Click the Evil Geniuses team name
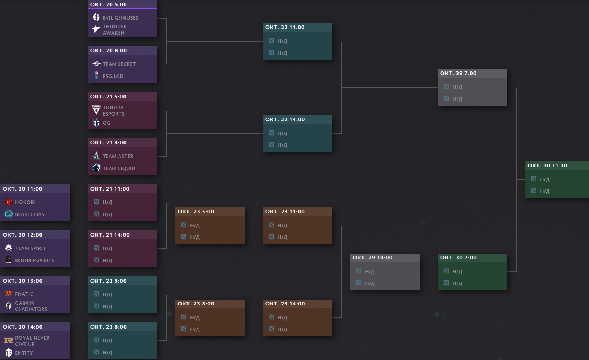[x=120, y=18]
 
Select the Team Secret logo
[x=96, y=64]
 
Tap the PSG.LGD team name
[x=113, y=76]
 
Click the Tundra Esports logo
[x=96, y=110]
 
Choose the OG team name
[x=106, y=123]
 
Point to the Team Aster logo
[x=96, y=156]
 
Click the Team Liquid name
[x=119, y=168]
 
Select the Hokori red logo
[x=8, y=202]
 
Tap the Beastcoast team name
[x=31, y=214]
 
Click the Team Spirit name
[x=30, y=248]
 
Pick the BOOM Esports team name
[x=35, y=261]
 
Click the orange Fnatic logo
[x=8, y=294]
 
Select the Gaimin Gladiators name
[x=31, y=306]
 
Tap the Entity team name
[x=24, y=353]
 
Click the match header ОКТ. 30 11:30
[x=547, y=165]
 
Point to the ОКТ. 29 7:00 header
[x=458, y=73]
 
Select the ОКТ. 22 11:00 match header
[x=285, y=27]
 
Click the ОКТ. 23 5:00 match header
[x=196, y=212]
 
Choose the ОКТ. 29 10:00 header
[x=372, y=258]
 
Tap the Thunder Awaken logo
[x=96, y=29]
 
